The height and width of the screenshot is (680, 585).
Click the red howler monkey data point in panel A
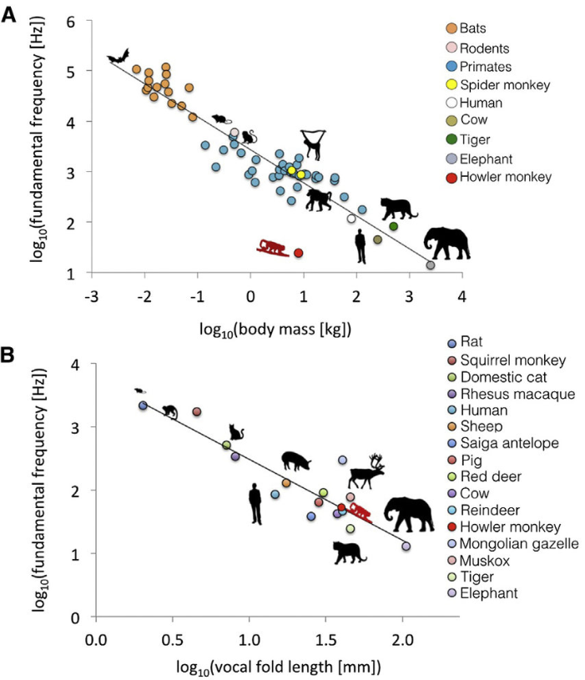coord(298,253)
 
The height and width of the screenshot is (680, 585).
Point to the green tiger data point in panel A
coord(393,226)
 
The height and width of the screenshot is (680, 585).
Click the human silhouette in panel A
coord(360,247)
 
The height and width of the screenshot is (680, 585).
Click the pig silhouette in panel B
coord(296,460)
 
